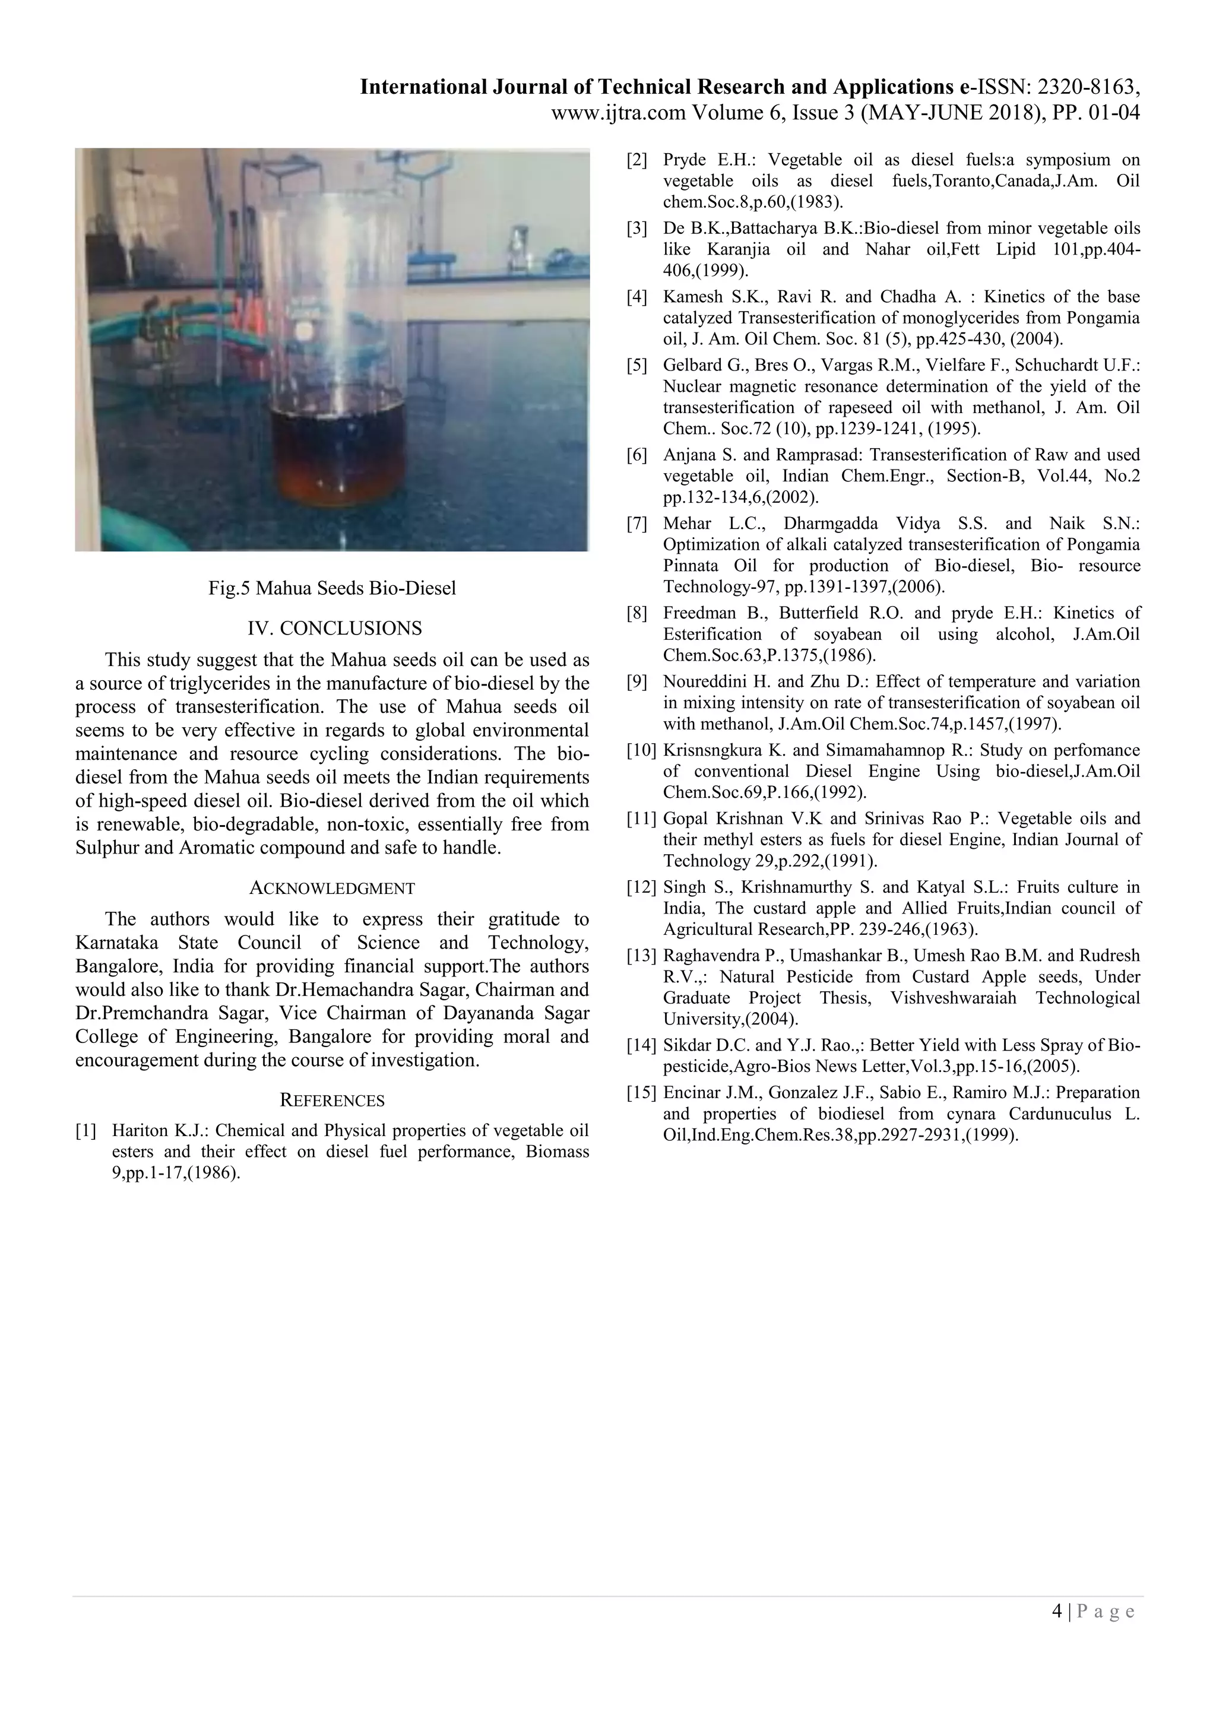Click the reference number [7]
point(636,524)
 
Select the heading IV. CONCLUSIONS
point(335,628)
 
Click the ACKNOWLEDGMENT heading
point(332,889)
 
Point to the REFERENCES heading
point(332,1100)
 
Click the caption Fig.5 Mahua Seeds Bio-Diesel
point(332,588)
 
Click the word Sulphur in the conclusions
point(103,848)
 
